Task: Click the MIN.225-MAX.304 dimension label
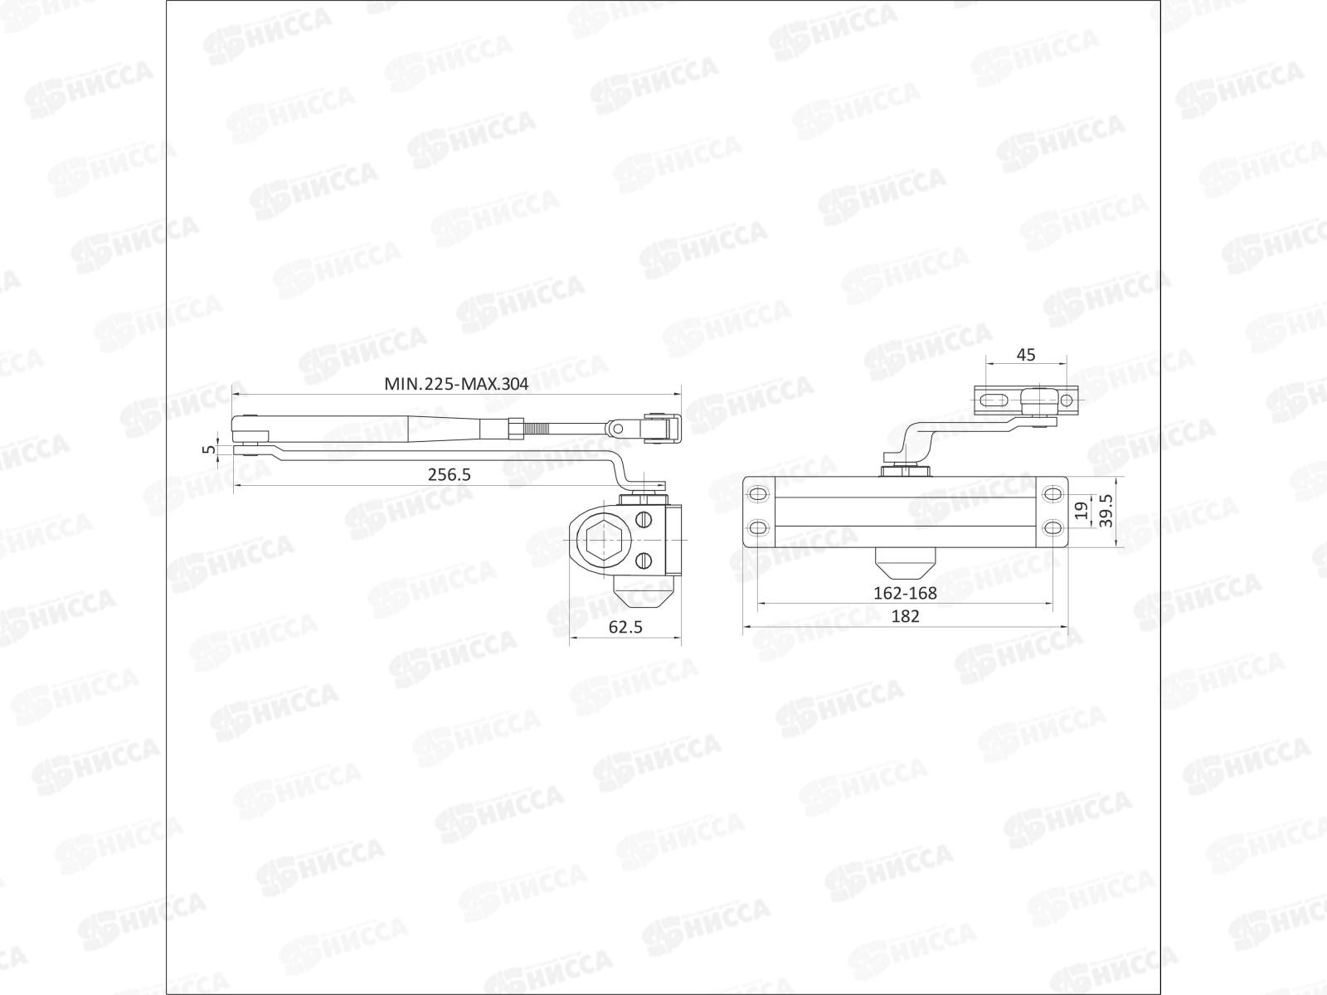tap(455, 384)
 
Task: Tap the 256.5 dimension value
tap(449, 475)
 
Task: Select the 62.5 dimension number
tap(625, 628)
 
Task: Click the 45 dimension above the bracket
tap(1026, 355)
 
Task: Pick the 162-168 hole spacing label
tap(905, 594)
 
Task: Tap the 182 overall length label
tap(905, 616)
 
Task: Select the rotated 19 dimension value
tap(1079, 511)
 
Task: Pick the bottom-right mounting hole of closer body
tap(1052, 528)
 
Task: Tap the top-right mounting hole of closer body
tap(1052, 494)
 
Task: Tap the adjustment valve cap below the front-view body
tap(905, 565)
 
